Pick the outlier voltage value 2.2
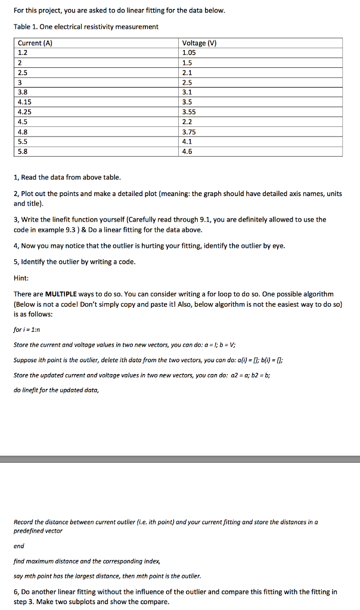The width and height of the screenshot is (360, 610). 187,122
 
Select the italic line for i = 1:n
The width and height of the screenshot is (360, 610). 29,328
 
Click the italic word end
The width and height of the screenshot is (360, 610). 19,546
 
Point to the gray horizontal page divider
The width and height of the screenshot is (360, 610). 180,459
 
